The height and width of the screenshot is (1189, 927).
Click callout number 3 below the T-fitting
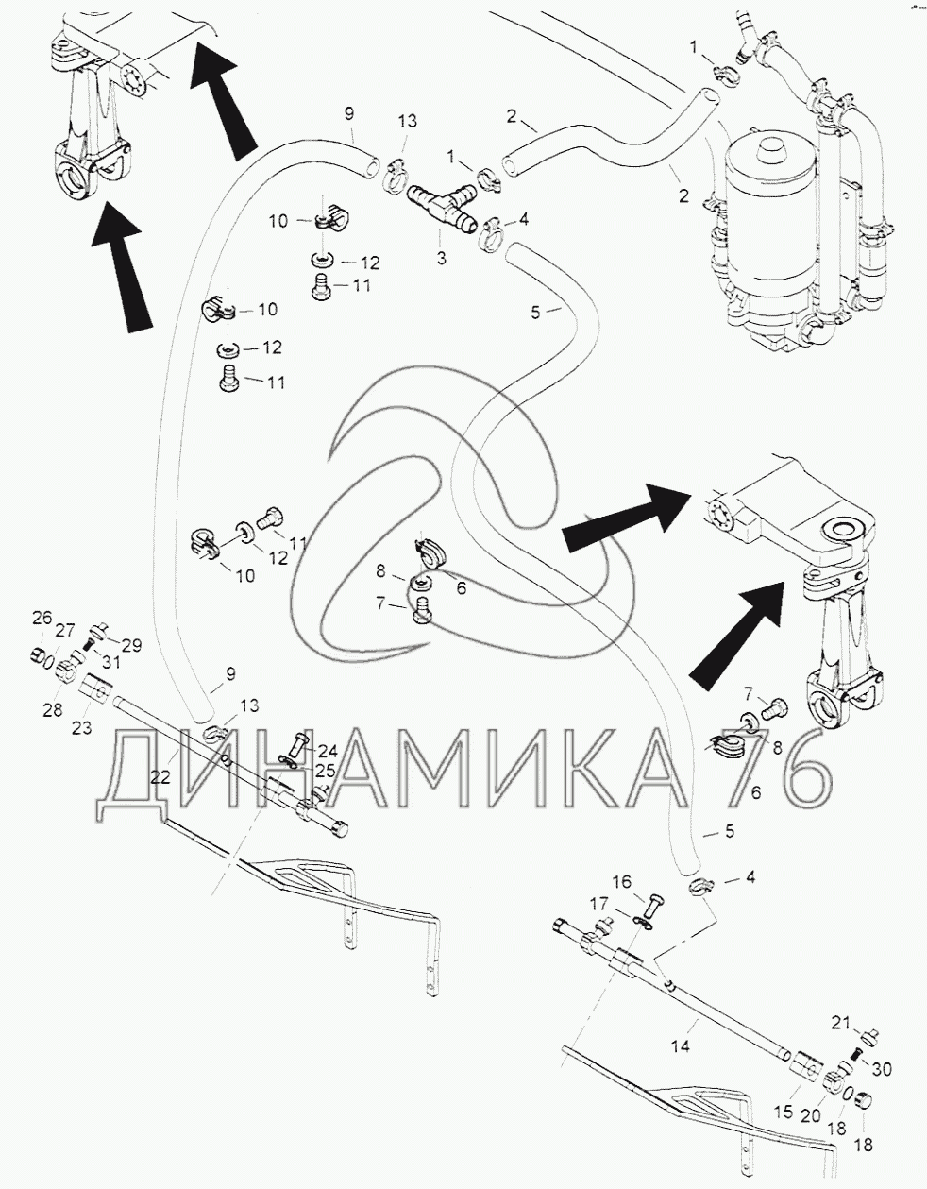(442, 258)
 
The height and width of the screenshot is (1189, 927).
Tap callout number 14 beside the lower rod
(681, 1046)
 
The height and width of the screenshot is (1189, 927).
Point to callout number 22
(160, 777)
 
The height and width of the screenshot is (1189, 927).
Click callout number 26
(42, 619)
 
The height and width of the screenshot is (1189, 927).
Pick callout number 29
(130, 645)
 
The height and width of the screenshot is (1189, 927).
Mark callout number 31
(111, 662)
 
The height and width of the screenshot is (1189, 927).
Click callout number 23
(81, 728)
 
